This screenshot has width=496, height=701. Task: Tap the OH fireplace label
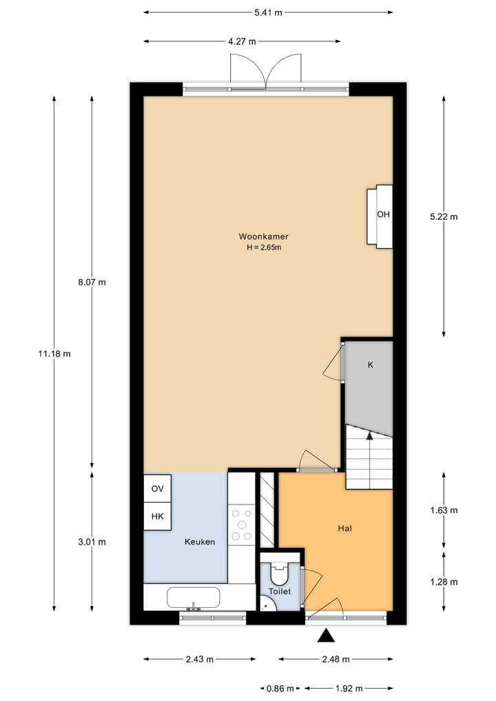tap(383, 214)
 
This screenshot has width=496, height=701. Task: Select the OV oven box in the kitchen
tap(157, 489)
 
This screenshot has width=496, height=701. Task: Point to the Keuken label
tap(200, 542)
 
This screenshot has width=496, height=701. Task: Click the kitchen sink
tap(194, 598)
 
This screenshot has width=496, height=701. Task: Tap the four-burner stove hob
tap(241, 524)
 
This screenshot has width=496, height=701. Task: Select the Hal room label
tap(345, 529)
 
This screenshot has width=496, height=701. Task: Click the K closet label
tap(370, 365)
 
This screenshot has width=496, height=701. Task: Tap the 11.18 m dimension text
tap(54, 354)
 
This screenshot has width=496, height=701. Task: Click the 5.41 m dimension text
tap(269, 12)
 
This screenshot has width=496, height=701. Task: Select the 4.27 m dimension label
tap(242, 41)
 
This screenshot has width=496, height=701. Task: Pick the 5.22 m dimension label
tap(443, 216)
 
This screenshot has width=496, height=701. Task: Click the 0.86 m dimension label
tap(280, 688)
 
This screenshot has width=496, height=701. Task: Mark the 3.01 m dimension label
tap(92, 542)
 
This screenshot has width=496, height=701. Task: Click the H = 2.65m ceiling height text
tap(264, 248)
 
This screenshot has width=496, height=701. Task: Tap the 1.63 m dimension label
tap(443, 511)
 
